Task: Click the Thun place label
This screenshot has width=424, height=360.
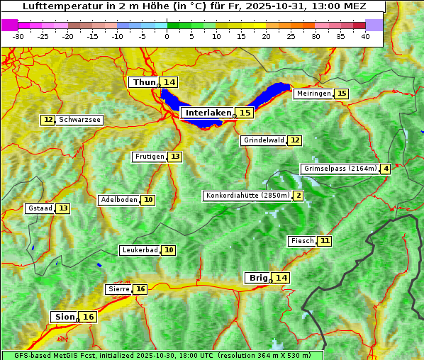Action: tap(144, 83)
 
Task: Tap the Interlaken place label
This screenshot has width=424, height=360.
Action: tap(208, 113)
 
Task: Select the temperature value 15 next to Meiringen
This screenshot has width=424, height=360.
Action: tap(342, 94)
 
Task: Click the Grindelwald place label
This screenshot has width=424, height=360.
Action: tap(264, 140)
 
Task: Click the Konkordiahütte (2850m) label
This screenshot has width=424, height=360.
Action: tap(247, 196)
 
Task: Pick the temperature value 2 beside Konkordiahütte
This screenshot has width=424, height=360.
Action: tap(299, 196)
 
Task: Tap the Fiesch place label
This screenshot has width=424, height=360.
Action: tap(302, 241)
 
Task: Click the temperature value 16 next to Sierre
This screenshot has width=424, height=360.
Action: tap(140, 289)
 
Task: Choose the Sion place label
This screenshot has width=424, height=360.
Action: tap(65, 317)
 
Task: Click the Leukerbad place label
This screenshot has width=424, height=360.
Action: tap(139, 250)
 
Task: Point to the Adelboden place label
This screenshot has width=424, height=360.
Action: tap(118, 200)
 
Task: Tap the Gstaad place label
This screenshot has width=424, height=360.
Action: tap(40, 208)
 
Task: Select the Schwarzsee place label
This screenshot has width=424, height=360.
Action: tap(79, 120)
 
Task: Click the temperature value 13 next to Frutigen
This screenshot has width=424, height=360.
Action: tap(174, 157)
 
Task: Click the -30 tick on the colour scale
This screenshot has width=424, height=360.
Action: tap(18, 35)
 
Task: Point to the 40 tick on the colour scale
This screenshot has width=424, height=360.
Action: tap(365, 35)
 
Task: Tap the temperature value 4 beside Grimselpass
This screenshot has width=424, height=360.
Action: tap(385, 169)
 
